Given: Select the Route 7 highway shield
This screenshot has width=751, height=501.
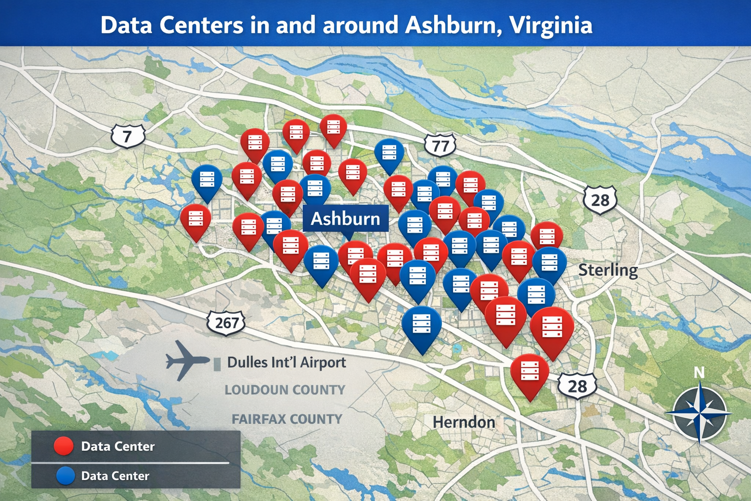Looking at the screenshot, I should point(128,136).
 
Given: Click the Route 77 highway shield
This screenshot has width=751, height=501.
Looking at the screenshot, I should point(440,145).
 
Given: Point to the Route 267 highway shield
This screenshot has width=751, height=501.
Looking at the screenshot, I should point(226,322).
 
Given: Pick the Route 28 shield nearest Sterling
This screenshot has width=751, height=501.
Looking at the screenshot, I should point(600,200).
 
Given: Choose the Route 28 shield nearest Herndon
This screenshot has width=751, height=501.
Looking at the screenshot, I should point(577,386).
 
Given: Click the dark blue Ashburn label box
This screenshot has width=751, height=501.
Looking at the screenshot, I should point(345,218).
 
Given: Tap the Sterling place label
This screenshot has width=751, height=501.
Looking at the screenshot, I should point(608,270).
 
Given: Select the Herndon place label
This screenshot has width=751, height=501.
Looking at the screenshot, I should point(464,422).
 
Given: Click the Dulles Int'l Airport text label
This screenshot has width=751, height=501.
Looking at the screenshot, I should point(286,363).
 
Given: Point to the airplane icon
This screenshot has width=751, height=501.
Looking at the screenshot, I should point(186,360).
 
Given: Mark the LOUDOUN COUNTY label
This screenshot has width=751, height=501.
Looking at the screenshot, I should point(285,390).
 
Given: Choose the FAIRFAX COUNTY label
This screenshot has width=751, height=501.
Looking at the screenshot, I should point(287,419).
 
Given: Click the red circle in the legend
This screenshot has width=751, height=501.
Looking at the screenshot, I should point(64,446).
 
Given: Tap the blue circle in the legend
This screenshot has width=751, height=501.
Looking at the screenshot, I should point(65,476).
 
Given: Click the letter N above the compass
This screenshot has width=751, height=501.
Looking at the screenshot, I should point(699,373).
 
